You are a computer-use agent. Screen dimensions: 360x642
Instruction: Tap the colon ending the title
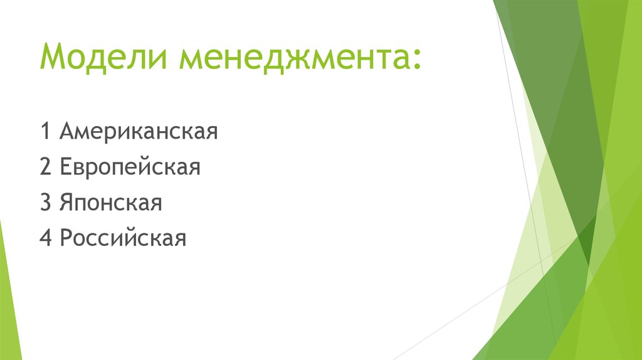[x=417, y=61]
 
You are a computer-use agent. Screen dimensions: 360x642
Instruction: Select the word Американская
[x=139, y=132]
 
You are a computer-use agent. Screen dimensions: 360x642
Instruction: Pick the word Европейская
[x=130, y=168]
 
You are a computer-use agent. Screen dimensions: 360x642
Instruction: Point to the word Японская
[x=111, y=203]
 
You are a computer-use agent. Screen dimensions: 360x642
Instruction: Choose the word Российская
[x=124, y=239]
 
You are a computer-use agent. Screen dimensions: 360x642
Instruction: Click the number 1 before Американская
[x=45, y=132]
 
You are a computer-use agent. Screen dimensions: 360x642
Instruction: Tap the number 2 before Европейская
[x=45, y=168]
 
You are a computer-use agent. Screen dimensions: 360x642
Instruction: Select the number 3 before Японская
[x=45, y=203]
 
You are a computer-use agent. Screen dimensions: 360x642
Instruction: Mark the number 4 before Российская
[x=45, y=239]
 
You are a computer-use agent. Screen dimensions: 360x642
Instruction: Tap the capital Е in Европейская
[x=66, y=168]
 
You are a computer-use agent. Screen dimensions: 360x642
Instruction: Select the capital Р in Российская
[x=66, y=239]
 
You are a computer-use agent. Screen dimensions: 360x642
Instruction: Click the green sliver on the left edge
[x=8, y=295]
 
